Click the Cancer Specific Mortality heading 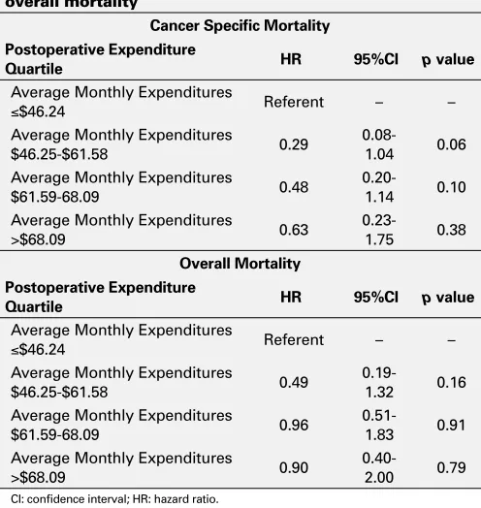click(240, 25)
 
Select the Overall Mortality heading click(240, 264)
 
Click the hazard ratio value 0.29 click(294, 144)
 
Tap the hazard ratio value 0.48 click(294, 187)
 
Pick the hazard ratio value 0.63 click(294, 230)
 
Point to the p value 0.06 click(452, 144)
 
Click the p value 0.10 click(452, 187)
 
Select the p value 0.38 click(452, 230)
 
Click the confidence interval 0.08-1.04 click(379, 144)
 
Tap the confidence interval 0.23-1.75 click(379, 230)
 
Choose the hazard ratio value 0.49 click(294, 383)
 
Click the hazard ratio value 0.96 click(294, 425)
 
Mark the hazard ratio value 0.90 click(294, 468)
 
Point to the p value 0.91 click(452, 425)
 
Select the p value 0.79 click(452, 468)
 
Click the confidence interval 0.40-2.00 click(379, 468)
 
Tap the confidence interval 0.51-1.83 click(379, 425)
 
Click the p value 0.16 click(452, 383)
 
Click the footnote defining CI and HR click(114, 499)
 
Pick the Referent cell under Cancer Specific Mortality click(294, 102)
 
